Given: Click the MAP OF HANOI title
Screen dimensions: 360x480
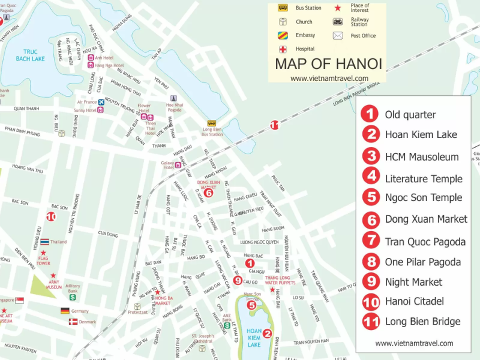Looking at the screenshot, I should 328,64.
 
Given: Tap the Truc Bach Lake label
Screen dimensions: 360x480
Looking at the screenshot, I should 30,55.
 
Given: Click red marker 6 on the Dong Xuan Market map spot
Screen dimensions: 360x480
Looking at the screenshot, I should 208,193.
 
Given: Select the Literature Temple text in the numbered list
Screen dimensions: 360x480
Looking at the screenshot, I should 424,178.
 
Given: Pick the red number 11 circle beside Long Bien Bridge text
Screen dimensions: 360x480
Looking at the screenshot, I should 372,321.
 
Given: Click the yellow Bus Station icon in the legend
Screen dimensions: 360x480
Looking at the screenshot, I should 281,8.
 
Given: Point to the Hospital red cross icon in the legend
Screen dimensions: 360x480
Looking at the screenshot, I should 281,49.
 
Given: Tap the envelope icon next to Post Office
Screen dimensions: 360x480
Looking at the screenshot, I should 338,35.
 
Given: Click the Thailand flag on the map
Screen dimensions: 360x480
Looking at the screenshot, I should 44,242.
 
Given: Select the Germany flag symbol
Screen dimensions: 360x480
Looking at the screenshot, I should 65,311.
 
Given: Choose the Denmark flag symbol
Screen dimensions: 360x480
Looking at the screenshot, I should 73,322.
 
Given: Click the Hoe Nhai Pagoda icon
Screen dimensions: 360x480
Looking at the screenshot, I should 173,98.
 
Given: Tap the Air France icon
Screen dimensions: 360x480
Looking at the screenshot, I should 101,102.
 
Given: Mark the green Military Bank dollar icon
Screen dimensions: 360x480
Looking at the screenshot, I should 72,296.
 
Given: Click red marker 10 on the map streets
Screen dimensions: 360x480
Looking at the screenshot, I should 51,217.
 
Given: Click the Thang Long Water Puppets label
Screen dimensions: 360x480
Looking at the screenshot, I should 280,280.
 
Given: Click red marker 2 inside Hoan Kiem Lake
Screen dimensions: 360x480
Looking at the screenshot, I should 268,334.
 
